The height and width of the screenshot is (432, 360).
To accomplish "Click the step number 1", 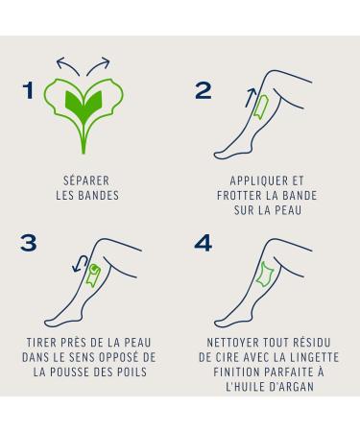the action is (29, 90).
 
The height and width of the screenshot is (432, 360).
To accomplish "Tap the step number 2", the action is (204, 90).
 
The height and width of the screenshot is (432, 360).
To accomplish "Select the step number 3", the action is (29, 243).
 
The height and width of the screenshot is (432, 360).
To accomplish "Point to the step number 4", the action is (204, 243).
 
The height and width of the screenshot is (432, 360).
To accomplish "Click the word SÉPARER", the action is (86, 180).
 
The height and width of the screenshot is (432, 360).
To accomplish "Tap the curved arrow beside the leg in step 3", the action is (80, 263).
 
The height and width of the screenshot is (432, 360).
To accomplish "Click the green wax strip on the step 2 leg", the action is (262, 107).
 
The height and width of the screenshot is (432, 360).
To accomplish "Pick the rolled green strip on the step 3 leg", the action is (93, 276).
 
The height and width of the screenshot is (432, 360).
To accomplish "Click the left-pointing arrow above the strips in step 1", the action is (67, 65).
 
